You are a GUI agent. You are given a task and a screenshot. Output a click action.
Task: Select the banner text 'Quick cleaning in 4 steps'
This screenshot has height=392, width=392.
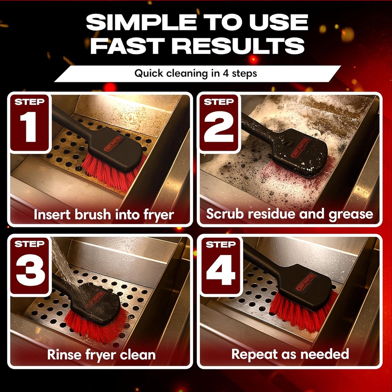[x=196, y=73]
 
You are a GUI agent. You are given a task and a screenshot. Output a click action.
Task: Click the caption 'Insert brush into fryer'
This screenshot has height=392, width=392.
[x=104, y=214]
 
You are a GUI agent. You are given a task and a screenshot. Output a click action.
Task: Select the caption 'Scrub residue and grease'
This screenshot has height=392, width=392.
[x=289, y=214]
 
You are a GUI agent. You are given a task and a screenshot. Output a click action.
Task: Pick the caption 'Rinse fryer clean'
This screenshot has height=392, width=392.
[x=101, y=354]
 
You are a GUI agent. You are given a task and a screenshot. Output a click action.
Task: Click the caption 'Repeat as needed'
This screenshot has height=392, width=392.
[x=290, y=354]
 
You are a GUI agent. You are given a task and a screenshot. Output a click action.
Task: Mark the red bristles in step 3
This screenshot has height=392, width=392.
[x=96, y=327]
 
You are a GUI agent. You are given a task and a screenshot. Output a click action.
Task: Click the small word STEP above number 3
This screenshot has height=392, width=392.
[x=29, y=244]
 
